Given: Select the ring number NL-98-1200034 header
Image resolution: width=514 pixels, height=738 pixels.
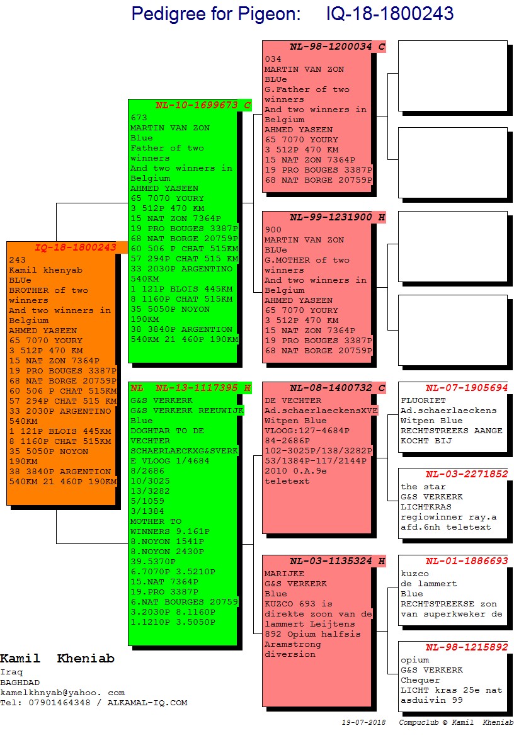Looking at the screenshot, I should click(331, 47).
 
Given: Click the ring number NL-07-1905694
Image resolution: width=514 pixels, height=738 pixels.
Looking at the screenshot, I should click(466, 388).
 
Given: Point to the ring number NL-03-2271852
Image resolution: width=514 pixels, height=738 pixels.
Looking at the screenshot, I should click(466, 474).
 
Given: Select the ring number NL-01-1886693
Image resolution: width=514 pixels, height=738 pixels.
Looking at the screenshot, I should click(466, 561).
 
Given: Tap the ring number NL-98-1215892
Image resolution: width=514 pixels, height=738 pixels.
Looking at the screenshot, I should click(466, 647).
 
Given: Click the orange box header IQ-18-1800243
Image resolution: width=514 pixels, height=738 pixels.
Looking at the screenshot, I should click(76, 247).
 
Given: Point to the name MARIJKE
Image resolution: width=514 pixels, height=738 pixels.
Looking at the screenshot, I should click(284, 574).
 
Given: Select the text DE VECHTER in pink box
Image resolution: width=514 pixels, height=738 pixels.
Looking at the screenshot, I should click(292, 400).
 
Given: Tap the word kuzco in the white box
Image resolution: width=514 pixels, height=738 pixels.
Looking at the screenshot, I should click(414, 574).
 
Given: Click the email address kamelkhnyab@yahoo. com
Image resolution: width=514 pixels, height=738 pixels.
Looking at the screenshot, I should click(62, 692).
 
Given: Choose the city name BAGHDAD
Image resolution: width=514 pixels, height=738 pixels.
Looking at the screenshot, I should click(20, 682).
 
